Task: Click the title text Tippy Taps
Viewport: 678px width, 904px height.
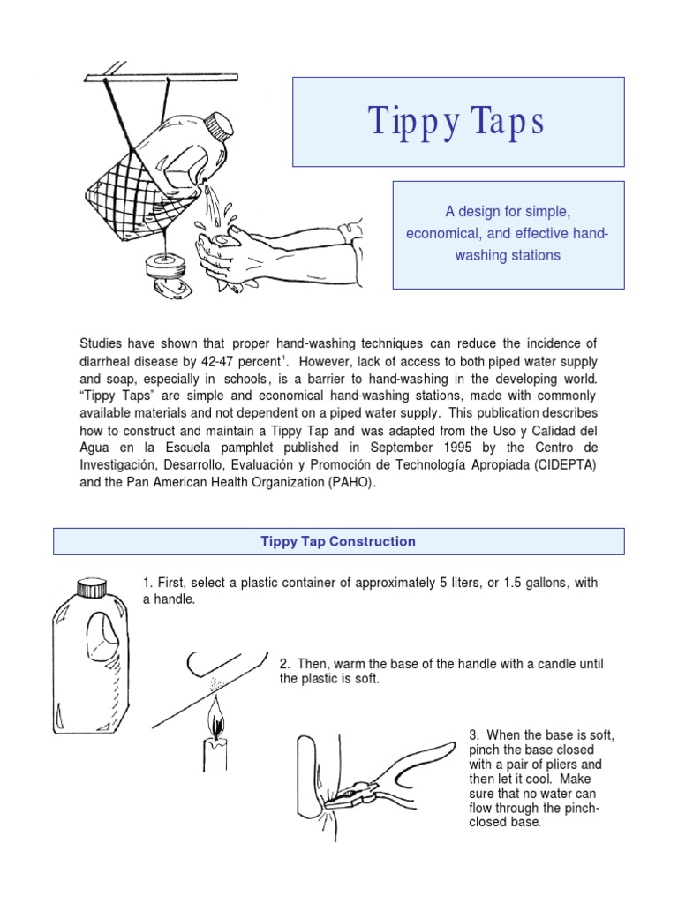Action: (x=457, y=122)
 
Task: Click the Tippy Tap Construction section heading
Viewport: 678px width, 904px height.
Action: (x=338, y=541)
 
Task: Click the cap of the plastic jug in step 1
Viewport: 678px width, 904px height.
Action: (x=92, y=587)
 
